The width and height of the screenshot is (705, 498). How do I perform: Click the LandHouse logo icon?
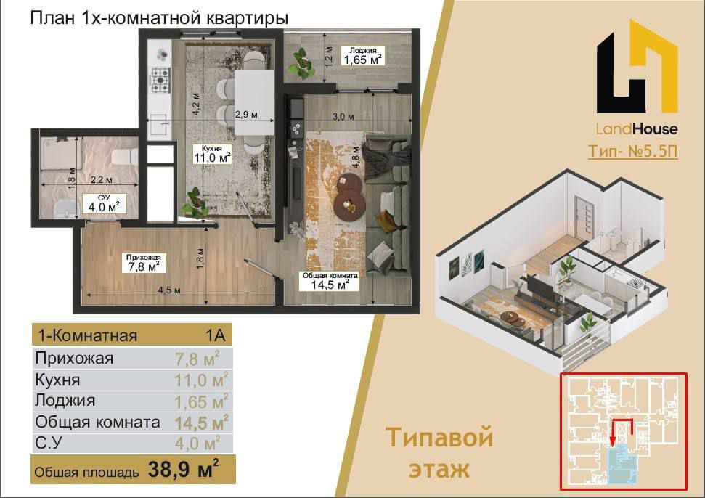pyautogui.click(x=637, y=68)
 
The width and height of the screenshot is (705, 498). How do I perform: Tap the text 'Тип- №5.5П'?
pyautogui.click(x=632, y=151)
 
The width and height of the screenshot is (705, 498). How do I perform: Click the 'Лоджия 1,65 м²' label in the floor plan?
pyautogui.click(x=363, y=56)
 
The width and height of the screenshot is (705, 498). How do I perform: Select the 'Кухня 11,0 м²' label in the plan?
pyautogui.click(x=212, y=154)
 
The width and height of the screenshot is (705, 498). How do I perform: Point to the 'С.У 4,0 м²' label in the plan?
pyautogui.click(x=104, y=203)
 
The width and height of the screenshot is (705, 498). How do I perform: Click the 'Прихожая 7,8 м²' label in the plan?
pyautogui.click(x=144, y=263)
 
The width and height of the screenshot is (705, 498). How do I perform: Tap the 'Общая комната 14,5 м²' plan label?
pyautogui.click(x=330, y=281)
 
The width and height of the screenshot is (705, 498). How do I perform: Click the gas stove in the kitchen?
pyautogui.click(x=160, y=80)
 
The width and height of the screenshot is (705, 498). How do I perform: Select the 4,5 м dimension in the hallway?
pyautogui.click(x=169, y=290)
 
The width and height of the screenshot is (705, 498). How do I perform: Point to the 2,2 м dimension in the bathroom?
pyautogui.click(x=101, y=180)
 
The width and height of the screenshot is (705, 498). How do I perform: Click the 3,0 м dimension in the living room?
pyautogui.click(x=343, y=117)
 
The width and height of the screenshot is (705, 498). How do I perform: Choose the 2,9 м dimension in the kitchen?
pyautogui.click(x=246, y=115)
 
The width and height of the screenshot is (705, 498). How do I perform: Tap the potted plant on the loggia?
pyautogui.click(x=301, y=64)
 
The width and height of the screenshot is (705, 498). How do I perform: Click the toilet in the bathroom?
pyautogui.click(x=125, y=156)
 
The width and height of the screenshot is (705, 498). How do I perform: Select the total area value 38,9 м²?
pyautogui.click(x=184, y=469)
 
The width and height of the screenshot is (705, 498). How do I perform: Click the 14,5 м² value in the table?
pyautogui.click(x=201, y=423)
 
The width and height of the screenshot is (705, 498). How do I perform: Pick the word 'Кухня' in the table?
pyautogui.click(x=57, y=380)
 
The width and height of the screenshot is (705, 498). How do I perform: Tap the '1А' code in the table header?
pyautogui.click(x=216, y=335)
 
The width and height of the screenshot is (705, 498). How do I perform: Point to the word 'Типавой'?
pyautogui.click(x=439, y=438)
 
